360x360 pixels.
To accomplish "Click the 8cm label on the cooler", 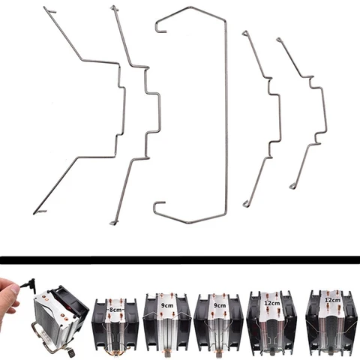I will (x=115, y=309).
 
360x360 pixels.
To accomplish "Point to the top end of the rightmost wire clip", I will (x=279, y=38).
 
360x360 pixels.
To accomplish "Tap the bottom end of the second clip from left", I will (x=112, y=222).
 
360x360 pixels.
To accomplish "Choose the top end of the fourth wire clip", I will (x=244, y=33).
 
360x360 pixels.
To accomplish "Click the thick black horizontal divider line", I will (x=180, y=259).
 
